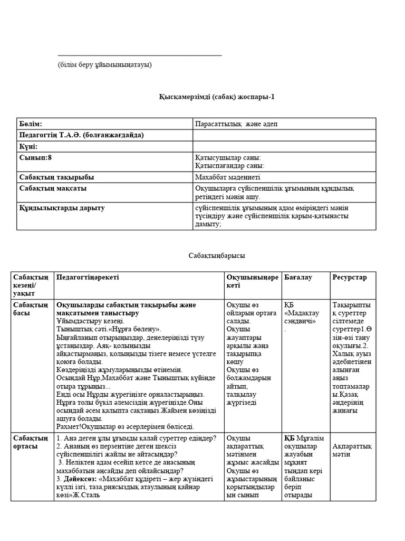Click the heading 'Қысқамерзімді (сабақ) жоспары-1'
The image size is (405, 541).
tap(217, 97)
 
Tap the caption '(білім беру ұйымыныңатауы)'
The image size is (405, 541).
tap(105, 64)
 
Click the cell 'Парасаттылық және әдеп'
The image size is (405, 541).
tap(236, 124)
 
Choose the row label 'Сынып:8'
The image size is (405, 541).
tap(35, 157)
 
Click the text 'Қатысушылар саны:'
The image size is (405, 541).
tap(228, 157)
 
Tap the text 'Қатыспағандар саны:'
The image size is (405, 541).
tap(230, 165)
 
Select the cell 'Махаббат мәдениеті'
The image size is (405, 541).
tap(227, 177)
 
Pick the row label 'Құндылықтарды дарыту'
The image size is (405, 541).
tap(62, 208)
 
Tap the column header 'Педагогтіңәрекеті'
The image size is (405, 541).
tap(88, 277)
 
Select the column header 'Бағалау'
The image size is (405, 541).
tap(298, 277)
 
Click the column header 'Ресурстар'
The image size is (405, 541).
tap(349, 277)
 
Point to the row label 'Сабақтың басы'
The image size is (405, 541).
tap(31, 309)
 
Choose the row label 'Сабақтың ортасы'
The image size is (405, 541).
tap(31, 442)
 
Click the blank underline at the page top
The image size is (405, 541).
tap(140, 55)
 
